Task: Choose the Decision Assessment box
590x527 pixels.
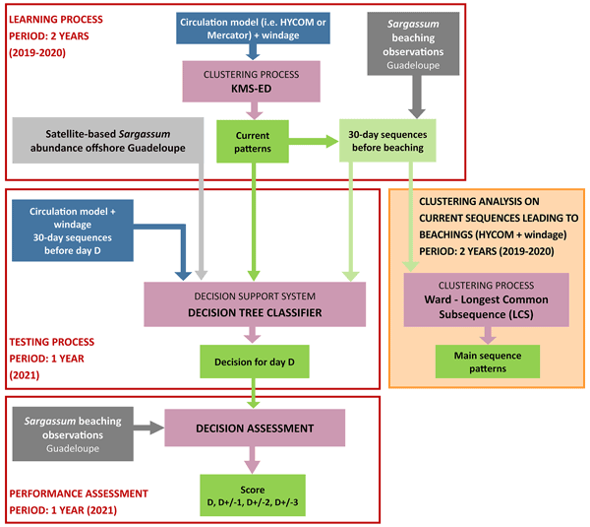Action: pyautogui.click(x=256, y=428)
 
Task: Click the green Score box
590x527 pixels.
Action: pyautogui.click(x=256, y=495)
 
